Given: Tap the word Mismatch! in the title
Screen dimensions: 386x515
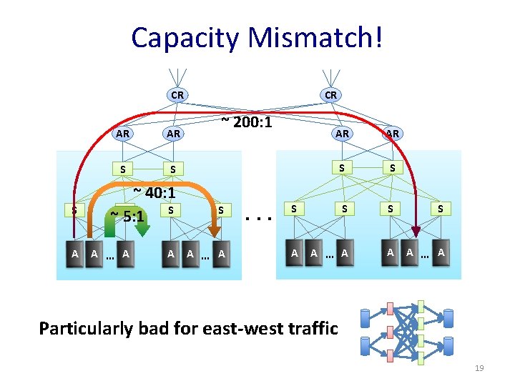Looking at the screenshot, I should pyautogui.click(x=315, y=38).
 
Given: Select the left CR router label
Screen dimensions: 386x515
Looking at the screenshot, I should pyautogui.click(x=177, y=94).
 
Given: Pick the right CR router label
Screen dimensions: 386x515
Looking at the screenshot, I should pyautogui.click(x=330, y=94).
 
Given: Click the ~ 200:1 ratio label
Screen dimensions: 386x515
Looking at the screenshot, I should pyautogui.click(x=246, y=122).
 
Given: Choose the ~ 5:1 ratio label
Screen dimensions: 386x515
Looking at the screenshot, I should pyautogui.click(x=127, y=215).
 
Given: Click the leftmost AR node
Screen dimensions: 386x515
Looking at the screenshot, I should pyautogui.click(x=123, y=133).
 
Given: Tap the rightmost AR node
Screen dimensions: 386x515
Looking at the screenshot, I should pyautogui.click(x=392, y=133).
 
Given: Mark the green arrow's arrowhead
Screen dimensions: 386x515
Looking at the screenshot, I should pyautogui.click(x=142, y=229).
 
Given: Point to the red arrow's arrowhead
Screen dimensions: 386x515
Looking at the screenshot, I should pyautogui.click(x=417, y=230).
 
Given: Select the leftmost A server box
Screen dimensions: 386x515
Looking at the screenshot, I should pyautogui.click(x=74, y=253).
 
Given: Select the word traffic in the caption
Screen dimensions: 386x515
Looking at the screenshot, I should pyautogui.click(x=312, y=328).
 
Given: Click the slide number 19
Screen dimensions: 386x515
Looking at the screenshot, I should pyautogui.click(x=479, y=368).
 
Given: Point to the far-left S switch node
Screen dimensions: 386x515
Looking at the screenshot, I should pyautogui.click(x=73, y=210).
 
